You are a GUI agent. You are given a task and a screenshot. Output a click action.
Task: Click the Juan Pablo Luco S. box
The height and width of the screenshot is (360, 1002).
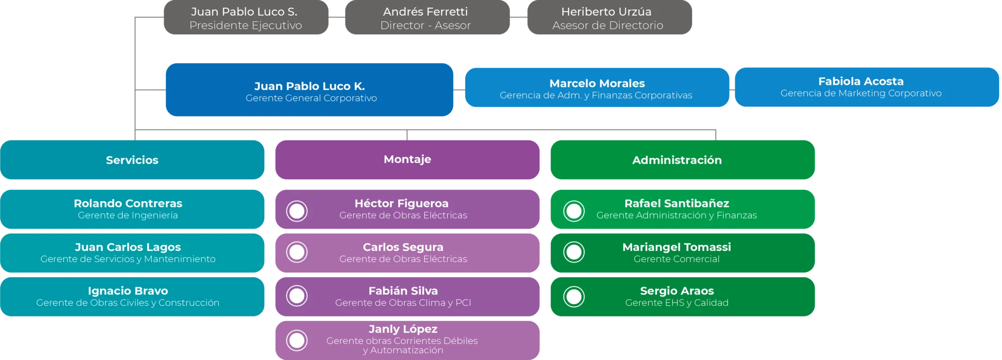point(245,18)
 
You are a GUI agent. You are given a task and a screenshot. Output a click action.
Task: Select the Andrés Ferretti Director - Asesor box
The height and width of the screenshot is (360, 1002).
point(426,18)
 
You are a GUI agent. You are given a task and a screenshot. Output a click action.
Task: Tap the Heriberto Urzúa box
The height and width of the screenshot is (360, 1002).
point(608,18)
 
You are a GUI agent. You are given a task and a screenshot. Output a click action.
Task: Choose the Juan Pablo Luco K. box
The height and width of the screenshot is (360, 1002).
point(309,90)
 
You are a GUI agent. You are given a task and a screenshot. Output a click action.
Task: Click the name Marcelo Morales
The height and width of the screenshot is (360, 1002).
point(597,83)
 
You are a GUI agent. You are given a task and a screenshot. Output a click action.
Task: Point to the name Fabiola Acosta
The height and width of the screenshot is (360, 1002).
point(861,81)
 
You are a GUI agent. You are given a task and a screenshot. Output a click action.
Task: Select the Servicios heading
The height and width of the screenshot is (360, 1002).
point(132,160)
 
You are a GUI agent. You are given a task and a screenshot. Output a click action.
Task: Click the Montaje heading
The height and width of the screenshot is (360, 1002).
point(407,159)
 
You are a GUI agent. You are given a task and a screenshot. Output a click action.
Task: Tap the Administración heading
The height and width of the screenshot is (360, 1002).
point(677,160)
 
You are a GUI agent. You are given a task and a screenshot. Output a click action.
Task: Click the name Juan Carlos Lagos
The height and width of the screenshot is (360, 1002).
point(128,247)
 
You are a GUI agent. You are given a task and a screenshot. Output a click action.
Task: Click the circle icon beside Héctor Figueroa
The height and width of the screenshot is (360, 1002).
point(297,211)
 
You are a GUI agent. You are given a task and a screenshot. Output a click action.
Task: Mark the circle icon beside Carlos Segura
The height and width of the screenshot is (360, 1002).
point(297,252)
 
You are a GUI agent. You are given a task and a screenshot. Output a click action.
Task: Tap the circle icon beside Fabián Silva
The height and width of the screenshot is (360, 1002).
point(297,296)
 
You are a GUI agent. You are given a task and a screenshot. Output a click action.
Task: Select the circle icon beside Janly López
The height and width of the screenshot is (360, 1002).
point(297,340)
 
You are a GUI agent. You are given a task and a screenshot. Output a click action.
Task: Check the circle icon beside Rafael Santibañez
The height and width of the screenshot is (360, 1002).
point(574,211)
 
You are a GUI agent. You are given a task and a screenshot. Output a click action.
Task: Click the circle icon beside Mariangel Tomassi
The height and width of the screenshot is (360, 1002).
point(574,252)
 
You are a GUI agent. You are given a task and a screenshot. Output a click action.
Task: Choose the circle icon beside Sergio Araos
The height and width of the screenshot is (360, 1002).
point(574,296)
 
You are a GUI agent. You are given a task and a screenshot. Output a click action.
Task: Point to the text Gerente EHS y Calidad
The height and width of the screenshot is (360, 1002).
point(677,303)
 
